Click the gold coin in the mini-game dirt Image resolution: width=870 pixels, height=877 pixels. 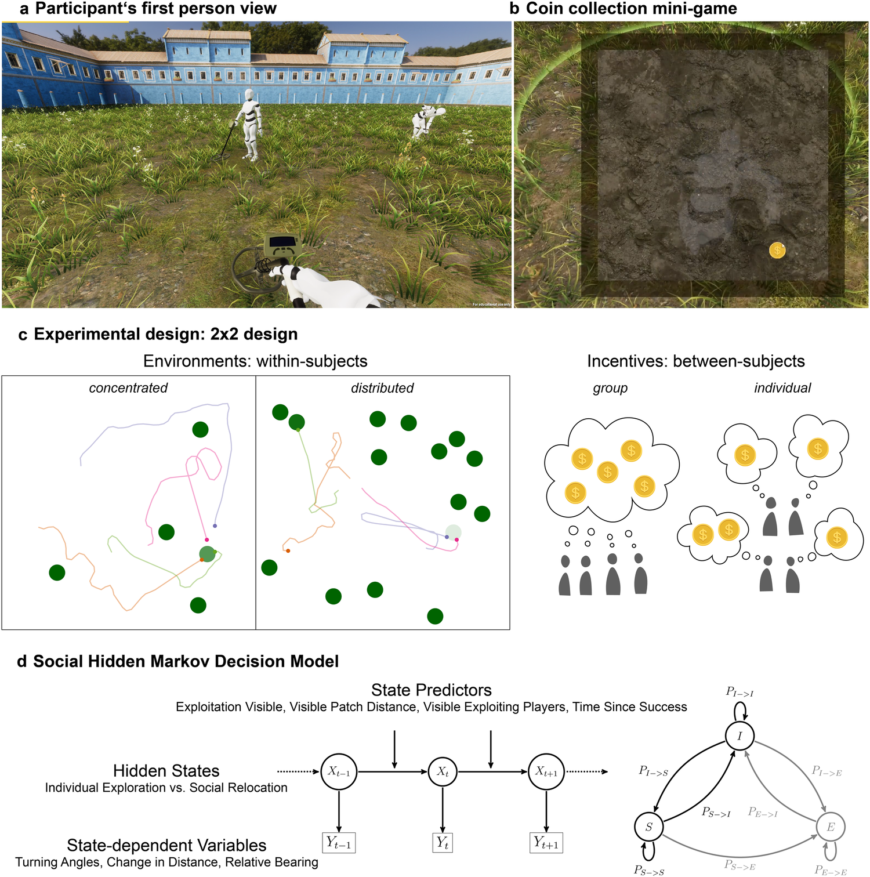[x=777, y=250]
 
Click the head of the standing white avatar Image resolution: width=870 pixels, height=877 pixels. [x=249, y=95]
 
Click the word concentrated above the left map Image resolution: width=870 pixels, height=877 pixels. [x=128, y=388]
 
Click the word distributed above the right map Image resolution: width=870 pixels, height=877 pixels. [x=382, y=388]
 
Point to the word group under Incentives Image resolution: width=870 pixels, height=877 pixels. [x=610, y=388]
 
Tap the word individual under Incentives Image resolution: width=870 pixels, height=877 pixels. [x=782, y=388]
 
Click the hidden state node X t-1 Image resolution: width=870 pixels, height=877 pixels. [x=339, y=771]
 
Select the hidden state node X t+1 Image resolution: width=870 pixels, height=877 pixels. [x=546, y=771]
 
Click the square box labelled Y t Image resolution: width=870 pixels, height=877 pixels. [x=443, y=842]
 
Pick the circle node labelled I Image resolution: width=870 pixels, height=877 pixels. [x=739, y=736]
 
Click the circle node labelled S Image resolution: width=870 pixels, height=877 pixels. [x=649, y=827]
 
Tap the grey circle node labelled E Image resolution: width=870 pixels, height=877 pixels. [x=831, y=827]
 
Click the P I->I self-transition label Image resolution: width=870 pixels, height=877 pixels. [x=739, y=692]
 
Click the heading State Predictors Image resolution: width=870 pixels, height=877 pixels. [x=431, y=690]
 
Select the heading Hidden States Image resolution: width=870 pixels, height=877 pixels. [x=166, y=771]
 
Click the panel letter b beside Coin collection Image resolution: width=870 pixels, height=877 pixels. [x=514, y=9]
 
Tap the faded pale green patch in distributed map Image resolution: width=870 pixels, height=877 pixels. [x=453, y=532]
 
